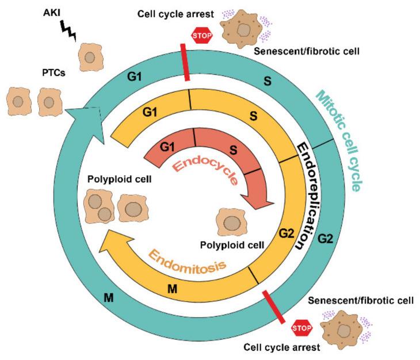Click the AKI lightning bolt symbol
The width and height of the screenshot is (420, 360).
(x=68, y=31)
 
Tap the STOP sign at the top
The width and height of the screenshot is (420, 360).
(x=202, y=35)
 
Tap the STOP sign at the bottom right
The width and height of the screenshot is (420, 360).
(x=301, y=328)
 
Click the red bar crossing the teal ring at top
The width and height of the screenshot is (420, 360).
(x=185, y=62)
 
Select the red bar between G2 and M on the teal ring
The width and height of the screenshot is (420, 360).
(x=273, y=307)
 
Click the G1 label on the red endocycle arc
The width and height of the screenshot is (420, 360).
(x=167, y=147)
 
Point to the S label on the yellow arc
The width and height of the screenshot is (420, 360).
(x=253, y=116)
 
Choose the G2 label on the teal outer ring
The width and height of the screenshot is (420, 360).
(x=325, y=238)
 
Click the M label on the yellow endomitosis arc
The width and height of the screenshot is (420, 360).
(x=172, y=289)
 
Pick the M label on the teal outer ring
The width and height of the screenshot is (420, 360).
(x=109, y=297)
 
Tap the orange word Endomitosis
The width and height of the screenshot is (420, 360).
(x=186, y=263)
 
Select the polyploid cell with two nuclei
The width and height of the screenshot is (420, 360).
(x=99, y=208)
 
